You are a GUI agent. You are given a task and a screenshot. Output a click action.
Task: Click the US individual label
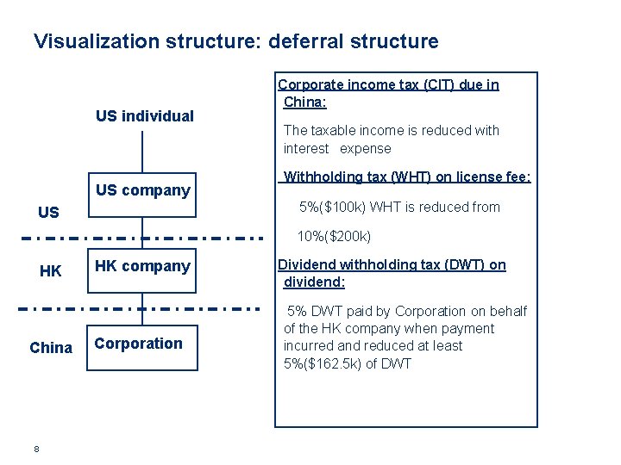[x=144, y=115]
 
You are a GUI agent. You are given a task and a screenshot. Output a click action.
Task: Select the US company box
[x=142, y=190]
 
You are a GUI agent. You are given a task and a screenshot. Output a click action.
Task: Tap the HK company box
[x=142, y=266]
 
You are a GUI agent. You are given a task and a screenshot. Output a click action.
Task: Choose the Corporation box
[x=142, y=344]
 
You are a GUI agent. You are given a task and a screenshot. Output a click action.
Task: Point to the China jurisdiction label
[x=51, y=348]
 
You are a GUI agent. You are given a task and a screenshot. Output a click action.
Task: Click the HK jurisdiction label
[x=51, y=271]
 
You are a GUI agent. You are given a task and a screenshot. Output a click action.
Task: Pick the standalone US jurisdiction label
[x=49, y=212]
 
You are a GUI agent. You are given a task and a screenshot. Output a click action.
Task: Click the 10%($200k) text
[x=334, y=236]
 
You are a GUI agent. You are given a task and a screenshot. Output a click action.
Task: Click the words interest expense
[x=337, y=148]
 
